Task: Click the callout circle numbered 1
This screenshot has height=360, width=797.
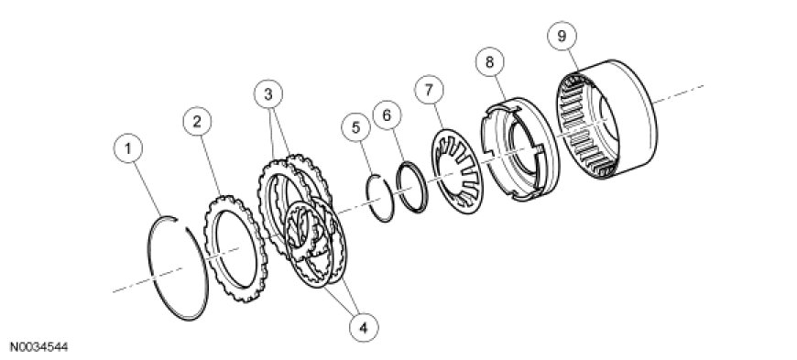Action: (x=128, y=148)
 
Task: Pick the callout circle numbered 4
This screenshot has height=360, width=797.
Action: (x=364, y=327)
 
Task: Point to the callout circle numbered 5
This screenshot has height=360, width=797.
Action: (x=355, y=127)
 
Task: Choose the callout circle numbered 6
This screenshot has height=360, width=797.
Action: (x=387, y=115)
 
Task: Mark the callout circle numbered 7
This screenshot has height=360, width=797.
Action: (x=429, y=90)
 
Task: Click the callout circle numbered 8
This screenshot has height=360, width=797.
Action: (x=489, y=62)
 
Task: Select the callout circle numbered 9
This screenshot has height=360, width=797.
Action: (x=562, y=36)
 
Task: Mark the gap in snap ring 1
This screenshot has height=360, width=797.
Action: (x=182, y=224)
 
